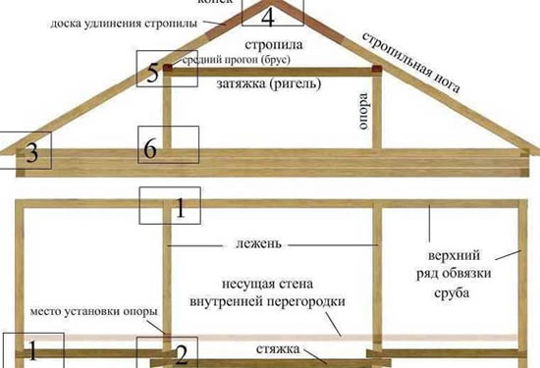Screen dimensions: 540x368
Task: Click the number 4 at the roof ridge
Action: [268, 17]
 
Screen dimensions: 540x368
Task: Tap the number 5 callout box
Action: [153, 74]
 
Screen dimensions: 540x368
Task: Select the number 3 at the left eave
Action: [32, 153]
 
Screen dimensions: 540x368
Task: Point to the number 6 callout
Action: [150, 148]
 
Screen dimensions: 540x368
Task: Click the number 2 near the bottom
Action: [181, 350]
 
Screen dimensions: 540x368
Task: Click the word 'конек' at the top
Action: [264, 3]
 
